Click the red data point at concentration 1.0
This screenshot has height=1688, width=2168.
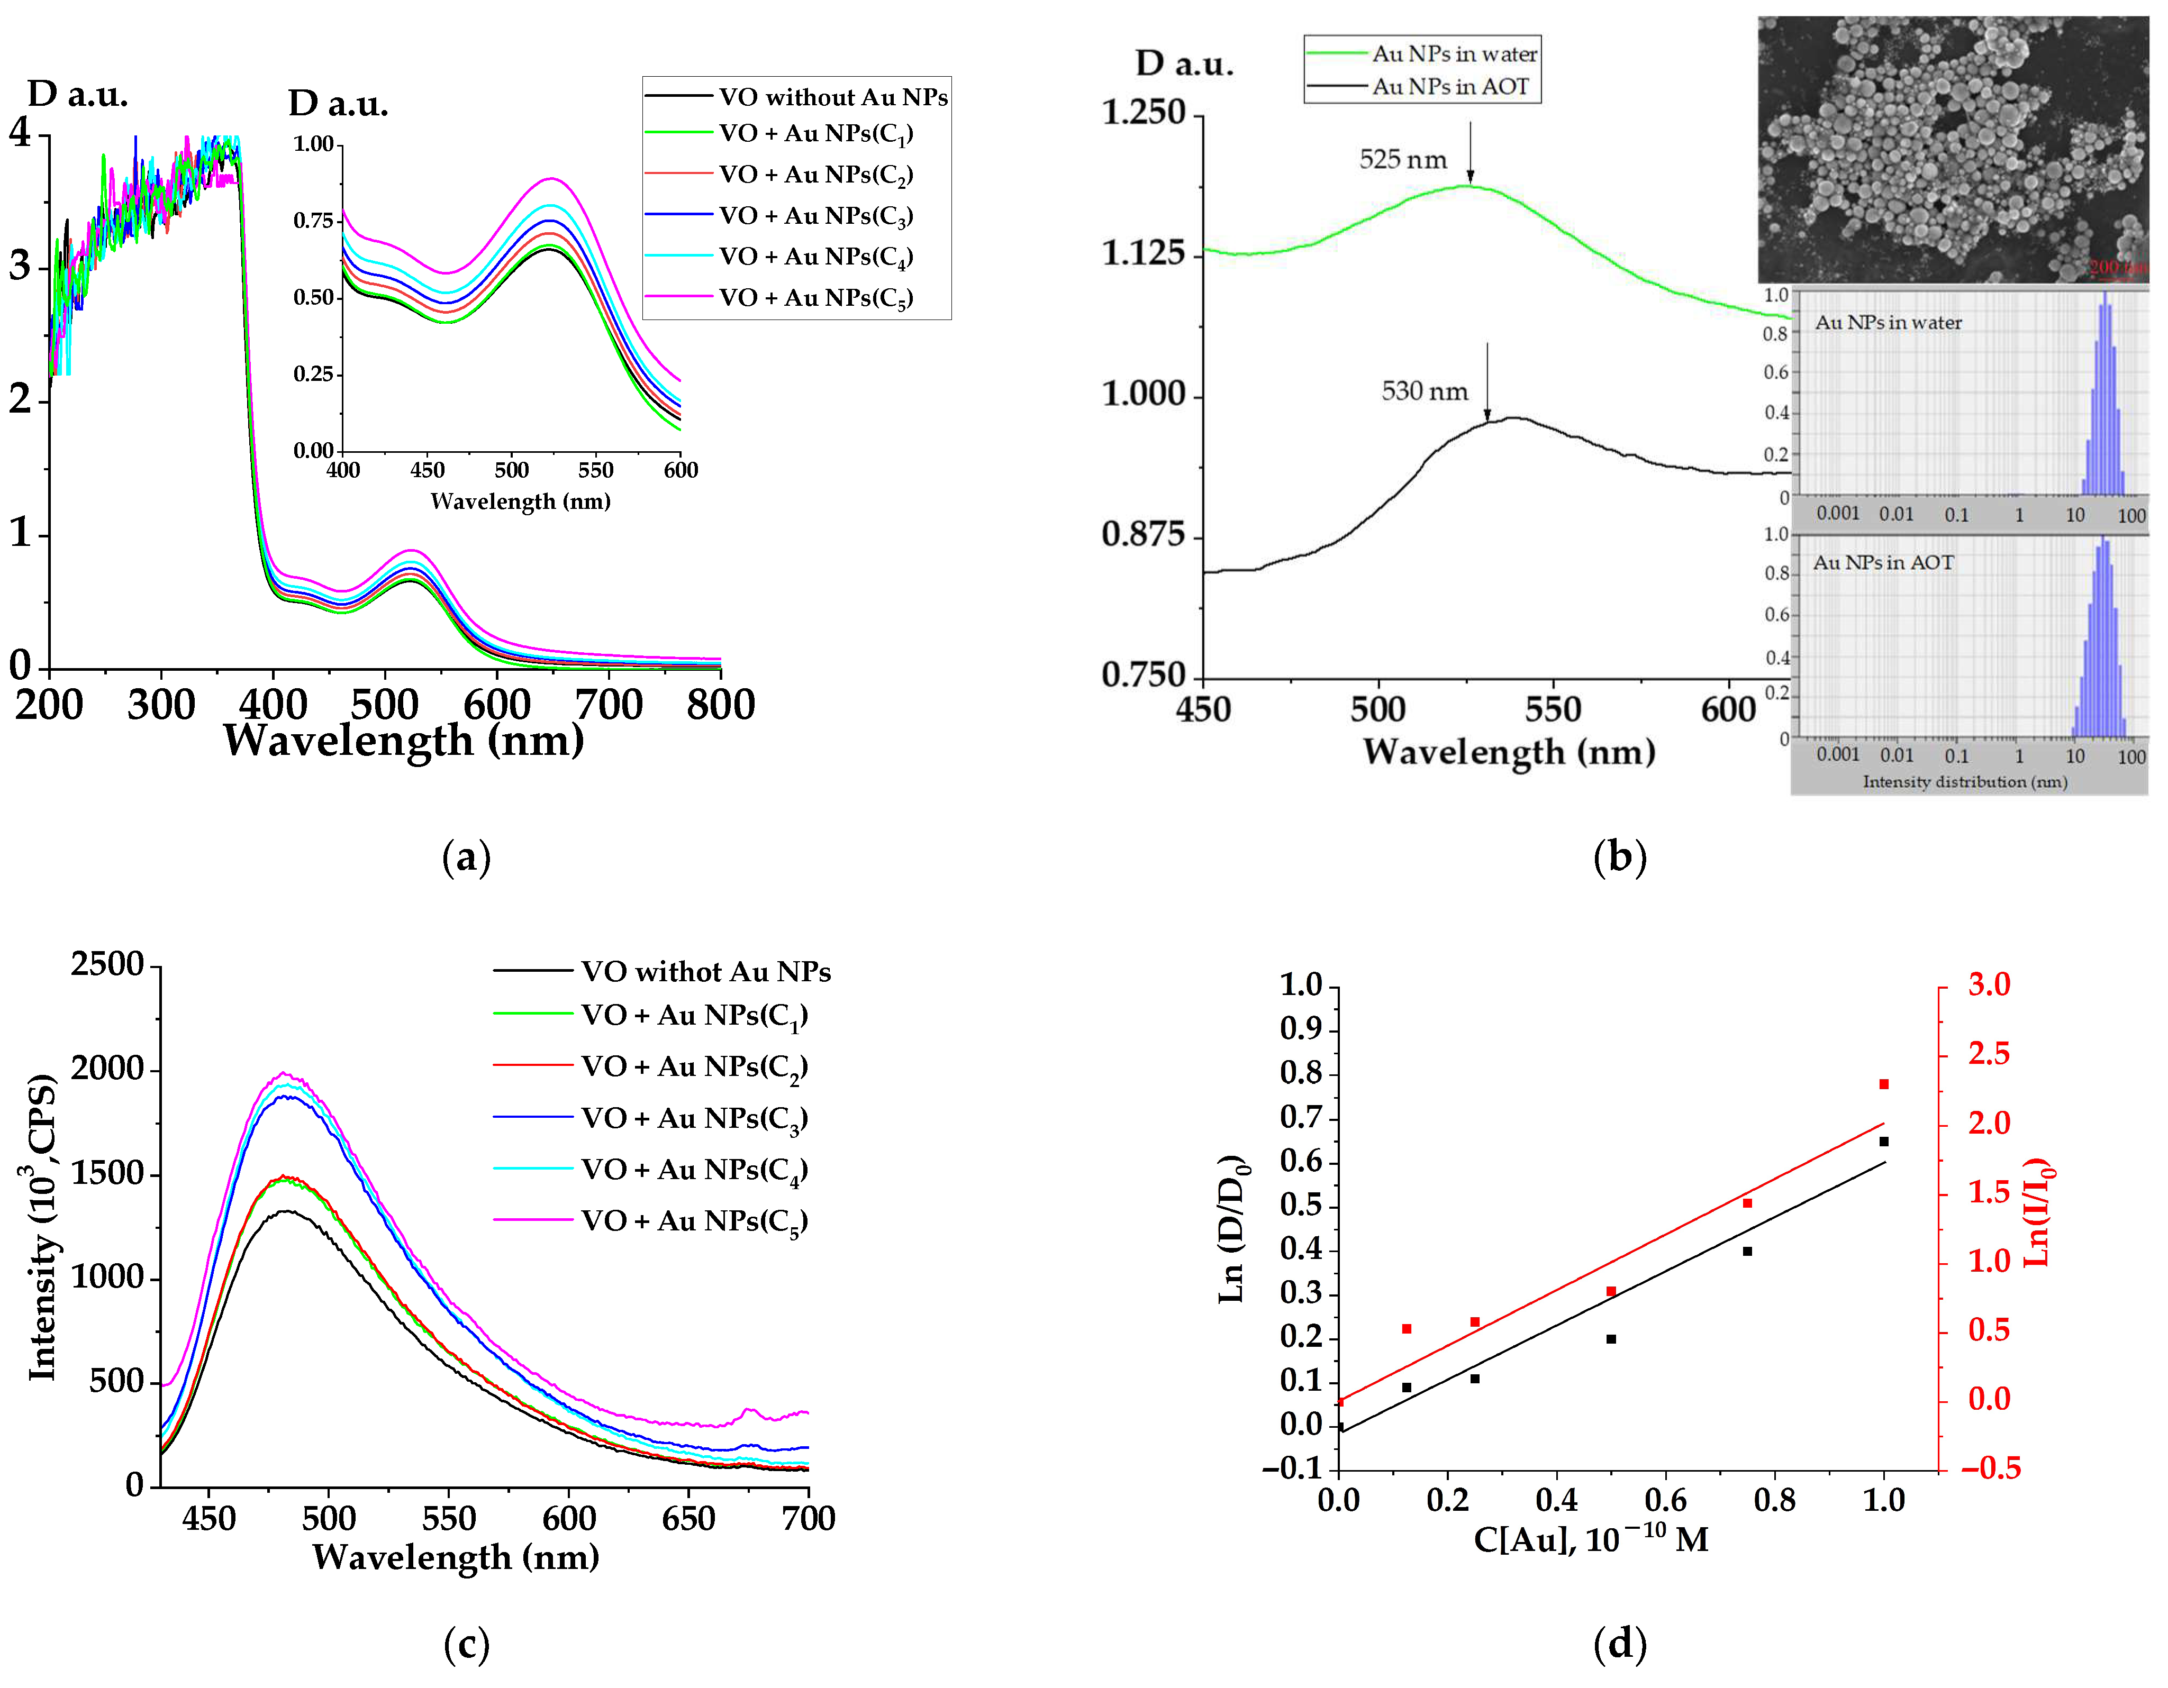click(x=1883, y=1084)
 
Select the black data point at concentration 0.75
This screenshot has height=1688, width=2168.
click(x=1747, y=1252)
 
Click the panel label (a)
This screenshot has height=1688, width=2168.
click(x=466, y=856)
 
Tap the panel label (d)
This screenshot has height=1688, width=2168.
click(x=1619, y=1644)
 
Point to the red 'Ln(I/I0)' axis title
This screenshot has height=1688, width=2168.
click(x=2038, y=1212)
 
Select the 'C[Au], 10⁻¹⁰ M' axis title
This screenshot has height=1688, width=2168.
click(x=1590, y=1539)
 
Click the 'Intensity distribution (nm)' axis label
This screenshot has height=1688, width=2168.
click(x=1964, y=782)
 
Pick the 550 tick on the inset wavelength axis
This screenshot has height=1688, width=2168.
click(x=596, y=470)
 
